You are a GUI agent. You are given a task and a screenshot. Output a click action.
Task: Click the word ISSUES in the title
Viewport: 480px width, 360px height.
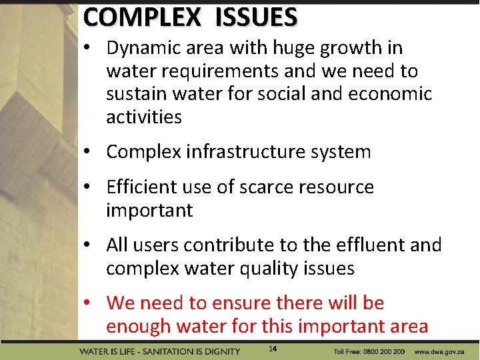(256, 17)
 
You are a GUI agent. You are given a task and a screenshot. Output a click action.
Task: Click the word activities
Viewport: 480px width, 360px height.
(144, 117)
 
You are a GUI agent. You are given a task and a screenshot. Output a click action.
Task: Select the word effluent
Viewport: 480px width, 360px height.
(371, 245)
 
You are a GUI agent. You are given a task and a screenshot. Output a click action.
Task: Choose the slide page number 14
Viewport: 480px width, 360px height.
(273, 349)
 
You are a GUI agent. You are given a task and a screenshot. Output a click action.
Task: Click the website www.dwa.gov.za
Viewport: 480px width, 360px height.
(439, 351)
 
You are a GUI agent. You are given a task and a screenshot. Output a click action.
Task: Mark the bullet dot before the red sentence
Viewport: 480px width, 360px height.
(88, 304)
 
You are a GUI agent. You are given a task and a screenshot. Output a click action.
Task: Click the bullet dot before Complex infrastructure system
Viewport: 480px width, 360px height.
(88, 153)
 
